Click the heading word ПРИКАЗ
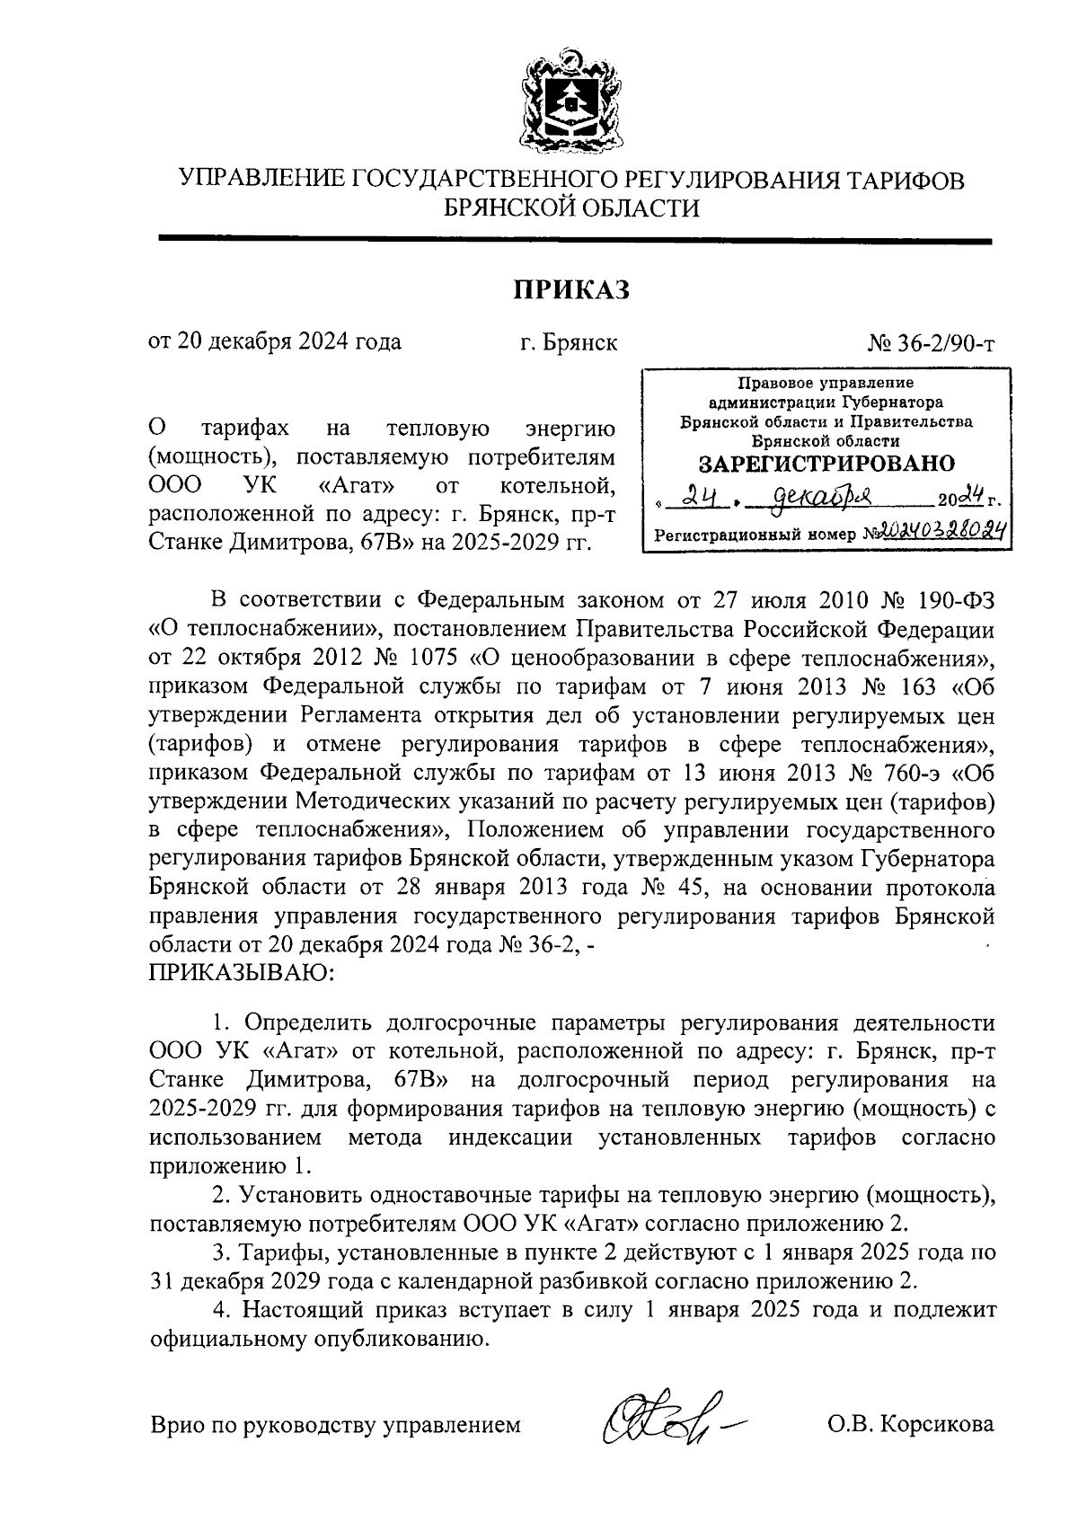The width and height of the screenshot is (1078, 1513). [571, 290]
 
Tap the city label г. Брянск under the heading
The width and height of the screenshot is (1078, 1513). [569, 342]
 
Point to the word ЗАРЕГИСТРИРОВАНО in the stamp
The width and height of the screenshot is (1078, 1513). [826, 464]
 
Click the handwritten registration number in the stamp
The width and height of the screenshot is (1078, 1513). [934, 532]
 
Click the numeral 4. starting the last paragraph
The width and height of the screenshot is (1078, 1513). [221, 1308]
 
